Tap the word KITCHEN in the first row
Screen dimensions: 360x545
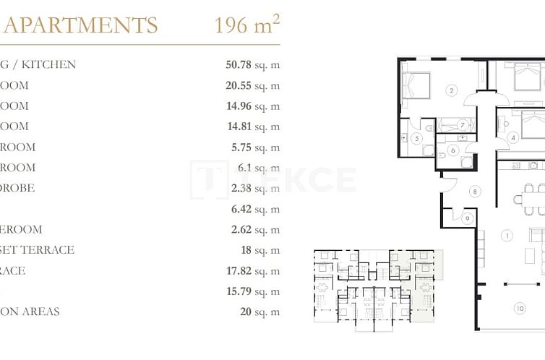(48, 64)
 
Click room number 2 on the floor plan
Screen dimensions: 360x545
(452, 90)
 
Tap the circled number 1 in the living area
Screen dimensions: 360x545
(507, 236)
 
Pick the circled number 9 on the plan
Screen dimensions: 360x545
(468, 218)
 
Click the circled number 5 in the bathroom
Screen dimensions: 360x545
(416, 139)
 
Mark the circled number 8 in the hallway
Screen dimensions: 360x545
(475, 192)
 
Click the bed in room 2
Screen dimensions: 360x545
(417, 86)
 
